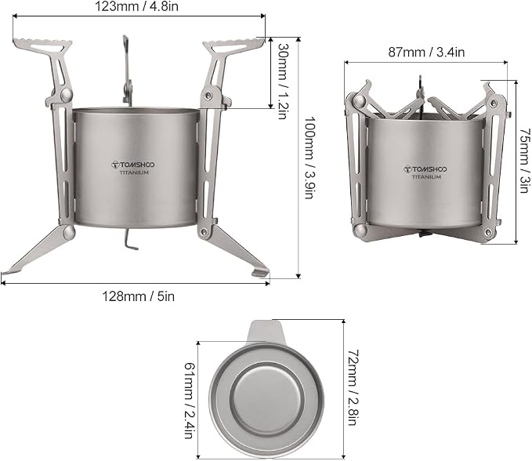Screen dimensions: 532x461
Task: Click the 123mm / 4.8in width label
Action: pyautogui.click(x=136, y=7)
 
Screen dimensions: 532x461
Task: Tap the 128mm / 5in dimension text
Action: pyautogui.click(x=139, y=296)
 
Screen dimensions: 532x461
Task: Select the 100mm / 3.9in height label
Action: pyautogui.click(x=309, y=158)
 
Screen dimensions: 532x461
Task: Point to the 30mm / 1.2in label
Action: pyautogui.click(x=283, y=82)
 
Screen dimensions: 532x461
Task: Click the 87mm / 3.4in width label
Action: pyautogui.click(x=426, y=53)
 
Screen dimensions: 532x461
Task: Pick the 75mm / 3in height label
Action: pyautogui.click(x=524, y=160)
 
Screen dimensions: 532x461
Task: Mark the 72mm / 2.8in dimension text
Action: pyautogui.click(x=353, y=387)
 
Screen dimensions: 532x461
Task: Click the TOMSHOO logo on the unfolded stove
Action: pyautogui.click(x=133, y=165)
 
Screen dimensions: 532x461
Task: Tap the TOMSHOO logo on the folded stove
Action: pyautogui.click(x=425, y=169)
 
